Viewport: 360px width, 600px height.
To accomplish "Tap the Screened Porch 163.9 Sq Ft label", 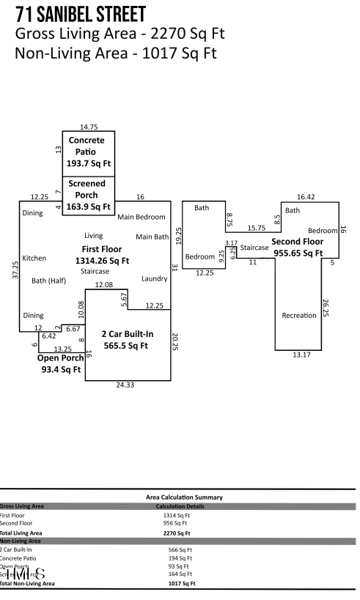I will click(x=87, y=195).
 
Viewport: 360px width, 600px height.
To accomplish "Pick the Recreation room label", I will click(x=299, y=315).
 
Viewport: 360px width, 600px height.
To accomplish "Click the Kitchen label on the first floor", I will click(x=34, y=258).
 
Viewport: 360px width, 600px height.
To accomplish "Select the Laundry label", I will click(x=155, y=278).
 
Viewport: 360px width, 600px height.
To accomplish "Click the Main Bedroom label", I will click(x=142, y=217).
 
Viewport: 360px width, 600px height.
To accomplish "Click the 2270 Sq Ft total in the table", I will click(x=176, y=533).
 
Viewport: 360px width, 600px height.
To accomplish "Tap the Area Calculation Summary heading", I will click(x=180, y=497).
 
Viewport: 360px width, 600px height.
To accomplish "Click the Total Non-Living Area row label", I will click(x=27, y=584).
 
